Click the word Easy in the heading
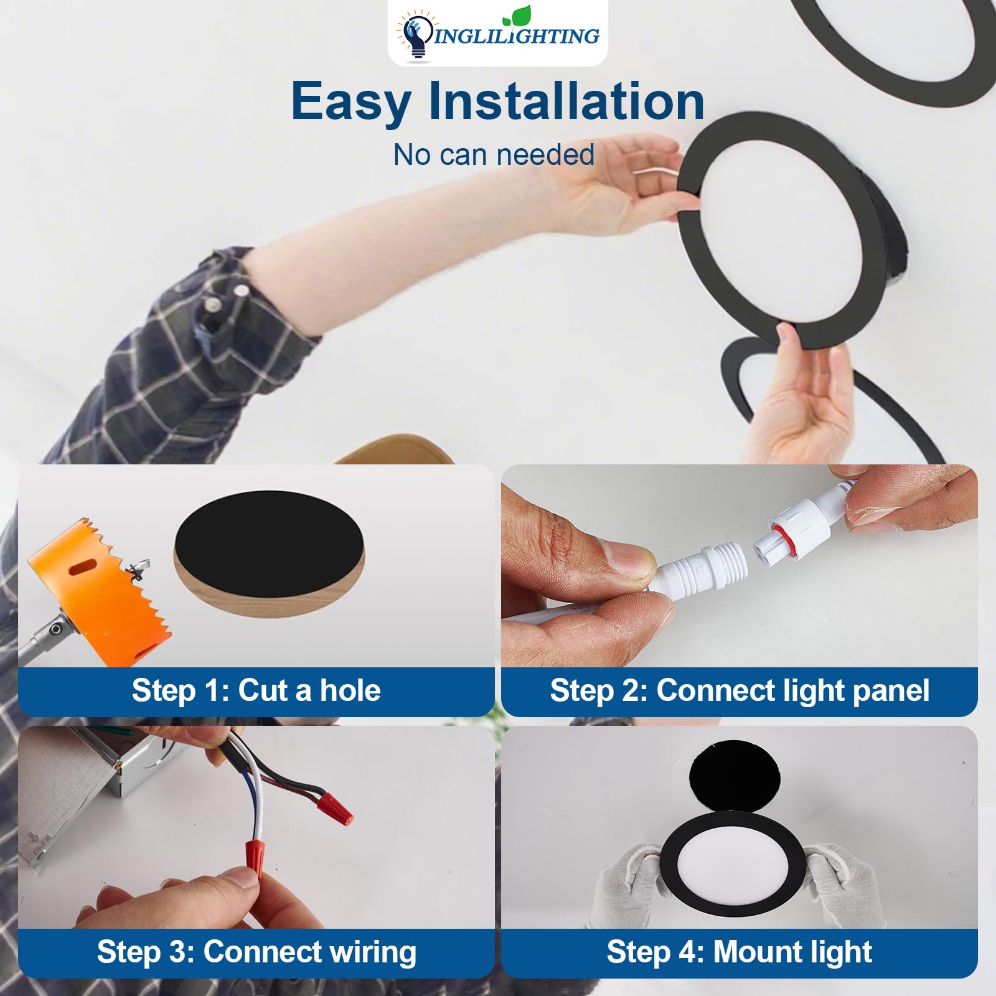pyautogui.click(x=350, y=101)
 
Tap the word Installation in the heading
pyautogui.click(x=566, y=101)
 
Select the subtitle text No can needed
pyautogui.click(x=494, y=154)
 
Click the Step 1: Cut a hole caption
pyautogui.click(x=256, y=690)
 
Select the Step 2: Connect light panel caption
pyautogui.click(x=739, y=690)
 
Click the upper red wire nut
pyautogui.click(x=334, y=807)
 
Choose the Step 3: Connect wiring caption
pyautogui.click(x=256, y=952)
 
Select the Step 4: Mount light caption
pyautogui.click(x=739, y=952)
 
